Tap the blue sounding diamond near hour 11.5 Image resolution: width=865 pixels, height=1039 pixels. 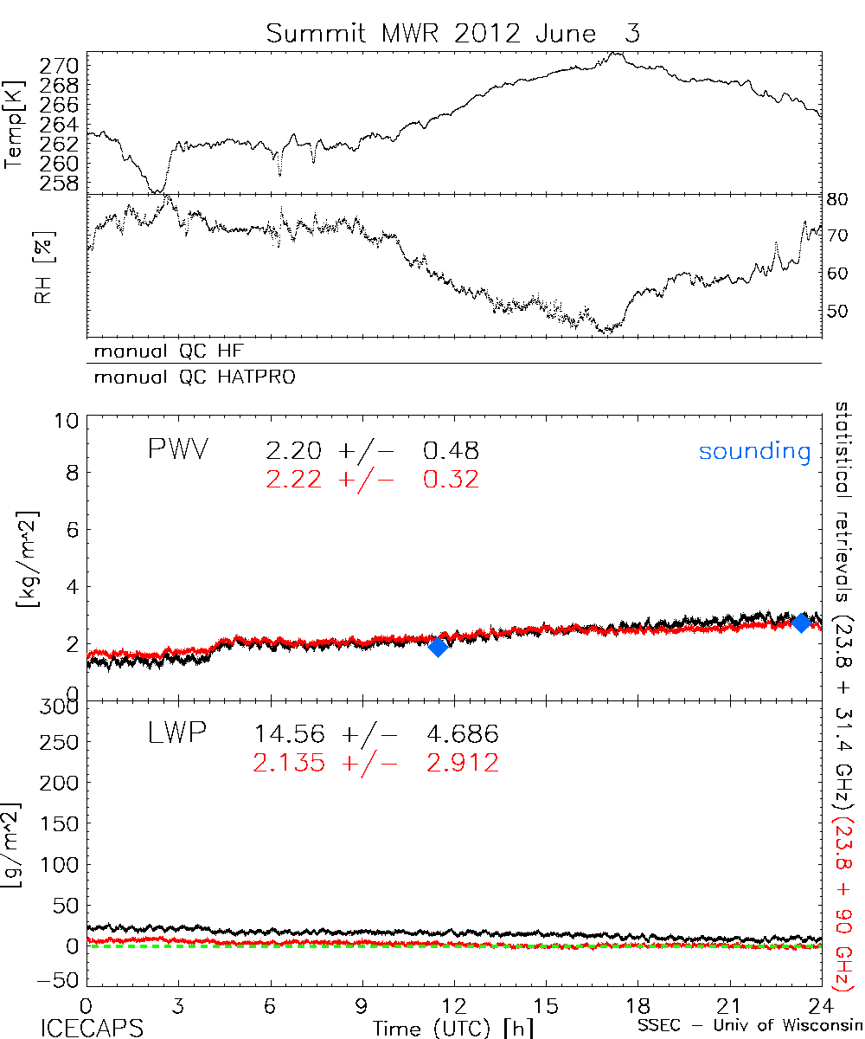pyautogui.click(x=438, y=647)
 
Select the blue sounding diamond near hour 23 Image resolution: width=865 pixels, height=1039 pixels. pyautogui.click(x=801, y=622)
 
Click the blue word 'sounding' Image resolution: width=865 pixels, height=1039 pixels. pyautogui.click(x=755, y=451)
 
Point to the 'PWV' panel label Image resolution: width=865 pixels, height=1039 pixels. pyautogui.click(x=181, y=450)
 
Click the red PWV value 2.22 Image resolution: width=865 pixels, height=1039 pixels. pyautogui.click(x=294, y=479)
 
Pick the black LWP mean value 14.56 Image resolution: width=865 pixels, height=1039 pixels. pyautogui.click(x=290, y=735)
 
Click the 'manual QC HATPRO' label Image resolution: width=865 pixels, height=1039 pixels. pyautogui.click(x=189, y=378)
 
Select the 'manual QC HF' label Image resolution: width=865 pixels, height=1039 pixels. pyautogui.click(x=163, y=352)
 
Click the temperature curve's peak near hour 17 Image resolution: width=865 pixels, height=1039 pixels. pyautogui.click(x=616, y=53)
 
